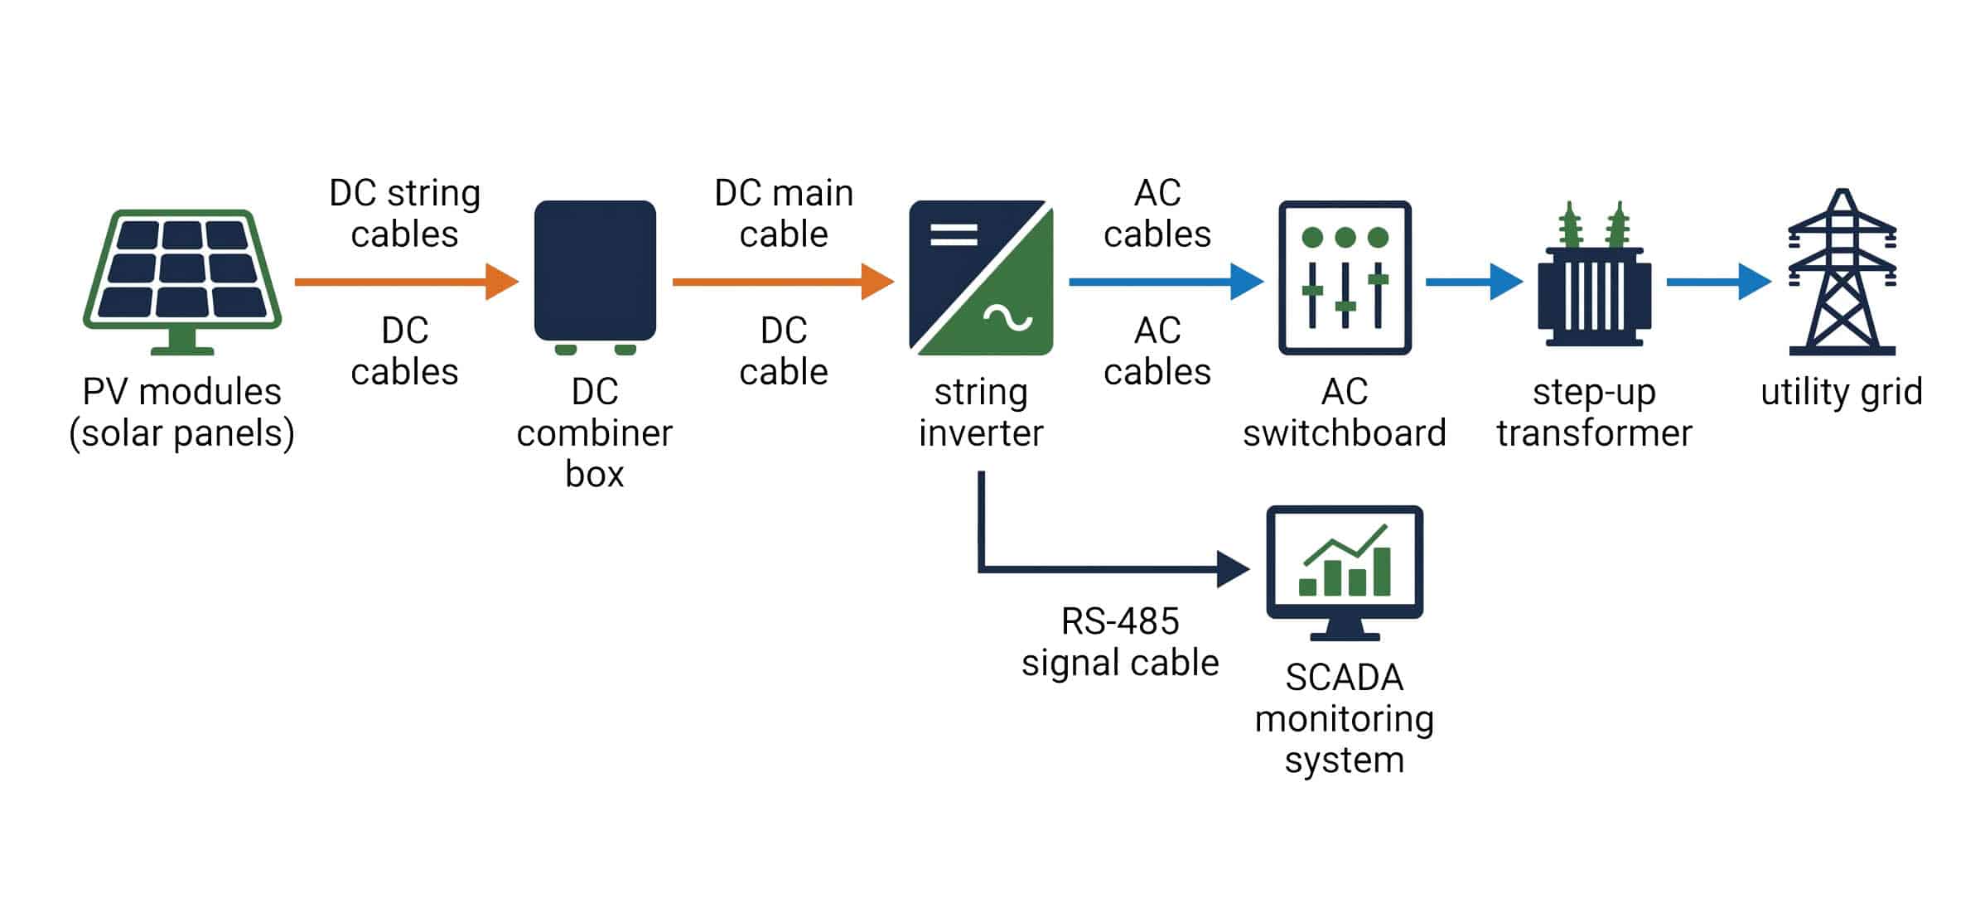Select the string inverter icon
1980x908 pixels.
pos(981,278)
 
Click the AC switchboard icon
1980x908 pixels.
pos(1345,278)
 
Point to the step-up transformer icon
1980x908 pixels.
pos(1594,282)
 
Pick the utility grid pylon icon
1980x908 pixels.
pos(1842,273)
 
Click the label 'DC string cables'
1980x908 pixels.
pos(404,214)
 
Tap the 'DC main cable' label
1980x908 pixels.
pos(784,214)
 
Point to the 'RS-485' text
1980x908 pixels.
pos(1120,621)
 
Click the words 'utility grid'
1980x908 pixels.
pos(1841,392)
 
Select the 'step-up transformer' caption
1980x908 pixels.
pos(1594,413)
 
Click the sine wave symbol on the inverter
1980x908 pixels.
pos(1007,318)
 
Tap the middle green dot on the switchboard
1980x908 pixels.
pos(1345,238)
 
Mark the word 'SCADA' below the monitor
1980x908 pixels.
pos(1344,678)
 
